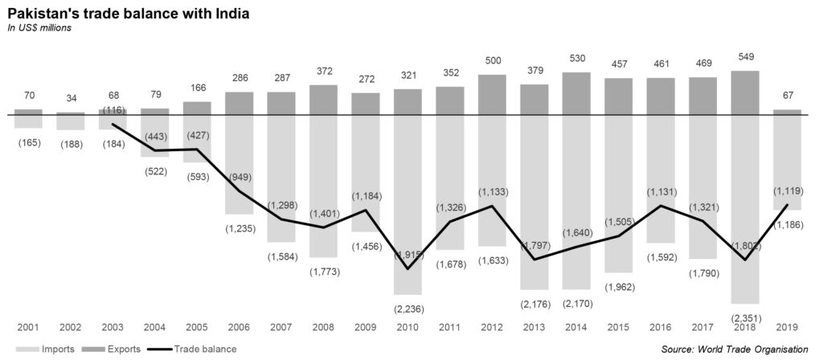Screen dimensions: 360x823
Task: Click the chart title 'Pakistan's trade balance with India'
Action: click(x=128, y=14)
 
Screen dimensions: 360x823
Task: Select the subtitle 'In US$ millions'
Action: click(x=39, y=28)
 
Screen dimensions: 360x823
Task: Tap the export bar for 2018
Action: click(x=745, y=92)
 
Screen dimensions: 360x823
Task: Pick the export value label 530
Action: click(x=576, y=61)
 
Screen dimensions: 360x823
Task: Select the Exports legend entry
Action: click(x=112, y=350)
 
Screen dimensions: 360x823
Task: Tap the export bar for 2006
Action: click(x=239, y=103)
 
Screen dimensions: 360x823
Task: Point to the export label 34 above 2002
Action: click(x=70, y=99)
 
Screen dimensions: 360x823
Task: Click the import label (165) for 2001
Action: click(x=28, y=142)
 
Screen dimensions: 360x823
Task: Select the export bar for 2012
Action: click(x=492, y=94)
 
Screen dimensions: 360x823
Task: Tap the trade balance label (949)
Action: click(x=239, y=176)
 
